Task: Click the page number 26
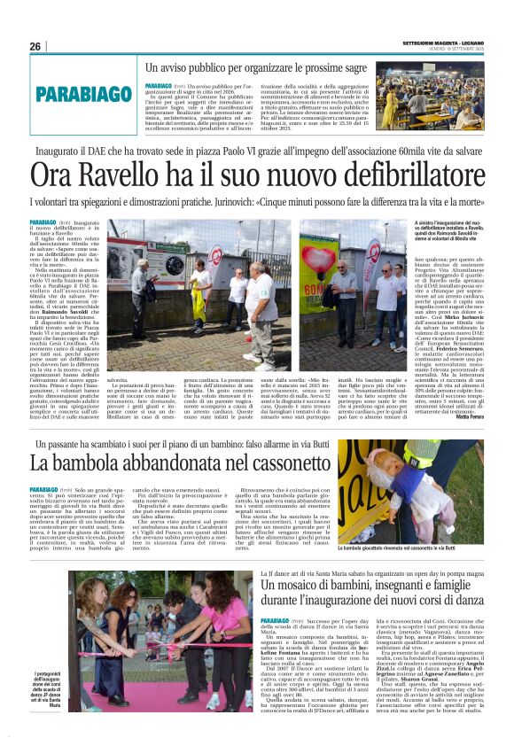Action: pyautogui.click(x=35, y=46)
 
